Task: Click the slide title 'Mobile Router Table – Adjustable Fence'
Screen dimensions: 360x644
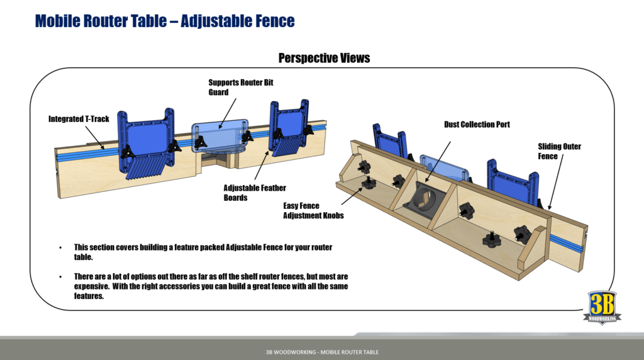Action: pos(165,21)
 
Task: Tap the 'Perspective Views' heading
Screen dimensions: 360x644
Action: pos(324,58)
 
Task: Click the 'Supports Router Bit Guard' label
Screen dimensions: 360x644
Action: pos(241,87)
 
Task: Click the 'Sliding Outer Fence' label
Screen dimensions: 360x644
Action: pos(559,151)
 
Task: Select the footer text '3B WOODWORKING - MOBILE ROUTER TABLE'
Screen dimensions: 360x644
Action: pos(322,352)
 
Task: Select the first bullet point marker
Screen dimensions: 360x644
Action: pos(60,247)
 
